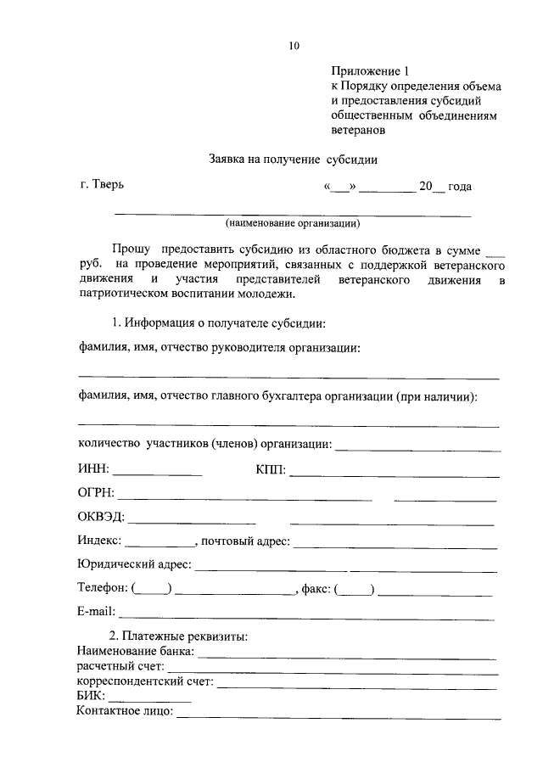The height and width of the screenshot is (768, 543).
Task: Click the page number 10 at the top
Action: tap(294, 45)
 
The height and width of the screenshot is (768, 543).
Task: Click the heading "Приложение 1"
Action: tap(366, 72)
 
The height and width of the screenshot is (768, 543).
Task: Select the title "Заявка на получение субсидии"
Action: tap(293, 159)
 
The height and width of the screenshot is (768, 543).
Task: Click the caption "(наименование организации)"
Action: tap(293, 224)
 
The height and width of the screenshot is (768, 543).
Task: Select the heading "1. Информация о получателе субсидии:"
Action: tap(219, 322)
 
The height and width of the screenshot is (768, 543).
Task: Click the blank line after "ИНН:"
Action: tap(158, 472)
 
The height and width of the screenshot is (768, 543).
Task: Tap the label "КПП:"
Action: tap(270, 469)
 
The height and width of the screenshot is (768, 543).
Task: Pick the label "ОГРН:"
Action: tap(96, 493)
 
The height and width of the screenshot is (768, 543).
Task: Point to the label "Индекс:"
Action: tap(99, 541)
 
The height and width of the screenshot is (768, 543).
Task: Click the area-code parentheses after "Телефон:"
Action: tap(152, 588)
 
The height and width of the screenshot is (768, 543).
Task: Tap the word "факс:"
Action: tap(316, 588)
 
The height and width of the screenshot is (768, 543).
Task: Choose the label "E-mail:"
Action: tap(96, 612)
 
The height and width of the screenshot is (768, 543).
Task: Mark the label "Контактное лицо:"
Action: tap(125, 710)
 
